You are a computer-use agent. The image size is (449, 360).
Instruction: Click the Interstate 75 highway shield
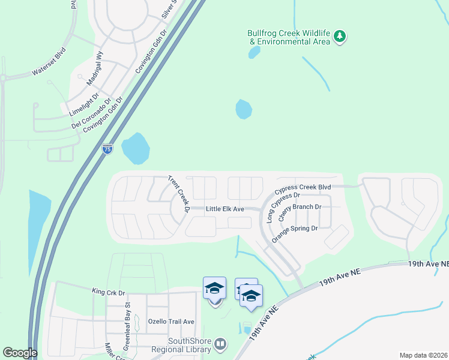(107, 149)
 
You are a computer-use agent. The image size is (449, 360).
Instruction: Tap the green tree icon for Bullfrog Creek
(340, 37)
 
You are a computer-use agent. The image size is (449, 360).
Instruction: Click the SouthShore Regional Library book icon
(221, 344)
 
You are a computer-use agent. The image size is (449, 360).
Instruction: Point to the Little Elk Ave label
(224, 209)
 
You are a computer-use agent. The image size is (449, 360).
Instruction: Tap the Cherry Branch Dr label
(300, 212)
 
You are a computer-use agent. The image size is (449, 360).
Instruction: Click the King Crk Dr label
(108, 292)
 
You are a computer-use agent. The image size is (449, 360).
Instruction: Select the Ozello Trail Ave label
(171, 322)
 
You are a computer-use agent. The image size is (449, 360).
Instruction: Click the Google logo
(20, 353)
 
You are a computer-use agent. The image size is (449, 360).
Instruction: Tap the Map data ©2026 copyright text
(424, 355)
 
